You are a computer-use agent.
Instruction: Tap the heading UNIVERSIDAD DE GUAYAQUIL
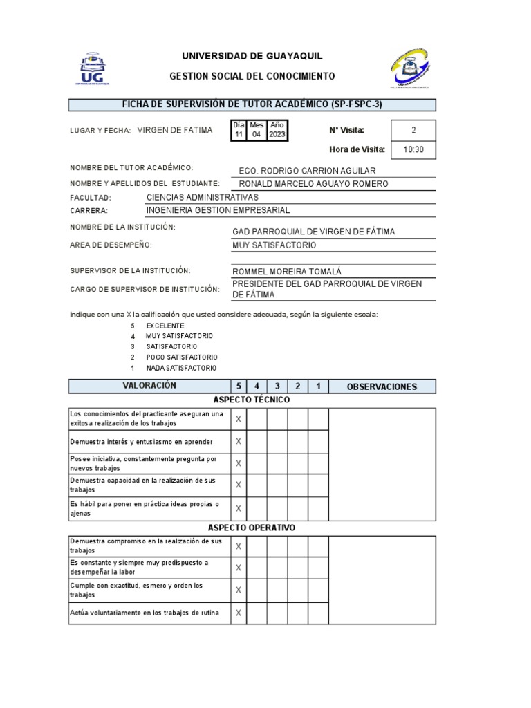tap(252, 56)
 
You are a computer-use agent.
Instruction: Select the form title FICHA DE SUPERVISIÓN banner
tap(252, 104)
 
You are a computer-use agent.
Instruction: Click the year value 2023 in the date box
tap(277, 134)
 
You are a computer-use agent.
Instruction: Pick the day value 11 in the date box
tap(239, 134)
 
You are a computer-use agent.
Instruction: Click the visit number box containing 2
tap(413, 130)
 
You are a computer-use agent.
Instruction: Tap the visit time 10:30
tap(413, 149)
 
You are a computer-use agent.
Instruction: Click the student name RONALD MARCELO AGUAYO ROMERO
tap(313, 183)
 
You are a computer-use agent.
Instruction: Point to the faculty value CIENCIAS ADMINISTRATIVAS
tap(203, 197)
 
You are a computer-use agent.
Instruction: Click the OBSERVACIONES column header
tap(382, 386)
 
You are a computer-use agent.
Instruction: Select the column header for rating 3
tap(277, 386)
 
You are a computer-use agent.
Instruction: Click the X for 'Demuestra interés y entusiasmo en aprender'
tap(239, 441)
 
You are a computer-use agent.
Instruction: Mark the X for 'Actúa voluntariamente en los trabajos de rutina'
tap(239, 613)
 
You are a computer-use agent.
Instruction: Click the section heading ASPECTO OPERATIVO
tap(252, 528)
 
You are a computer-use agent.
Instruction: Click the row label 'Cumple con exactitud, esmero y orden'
tap(136, 590)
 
